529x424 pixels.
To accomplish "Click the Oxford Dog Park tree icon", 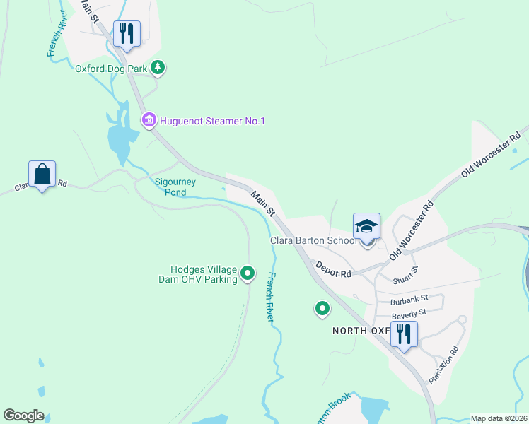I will [158, 68].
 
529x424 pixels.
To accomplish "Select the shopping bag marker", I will [42, 174].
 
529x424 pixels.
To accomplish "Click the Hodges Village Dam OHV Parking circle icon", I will [248, 273].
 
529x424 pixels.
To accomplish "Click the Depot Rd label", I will [334, 269].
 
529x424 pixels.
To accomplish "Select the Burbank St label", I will [400, 300].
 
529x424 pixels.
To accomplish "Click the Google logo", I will [23, 416].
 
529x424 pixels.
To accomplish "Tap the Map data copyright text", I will [499, 418].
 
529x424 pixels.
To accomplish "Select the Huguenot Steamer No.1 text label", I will [212, 122].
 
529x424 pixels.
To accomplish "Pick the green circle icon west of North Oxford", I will [322, 308].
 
